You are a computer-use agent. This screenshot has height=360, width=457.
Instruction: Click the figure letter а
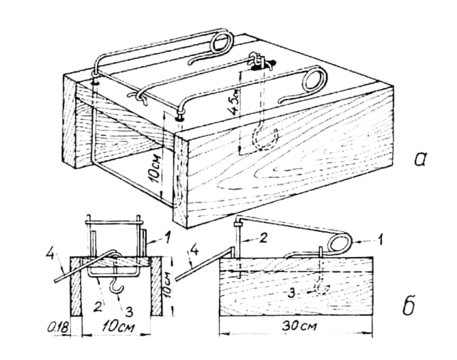point(419,160)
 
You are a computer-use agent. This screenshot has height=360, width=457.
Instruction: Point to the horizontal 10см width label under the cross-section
point(118,327)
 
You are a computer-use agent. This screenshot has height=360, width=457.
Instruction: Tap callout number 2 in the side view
point(263,238)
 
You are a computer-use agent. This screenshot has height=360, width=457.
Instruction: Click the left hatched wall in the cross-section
point(76,286)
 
